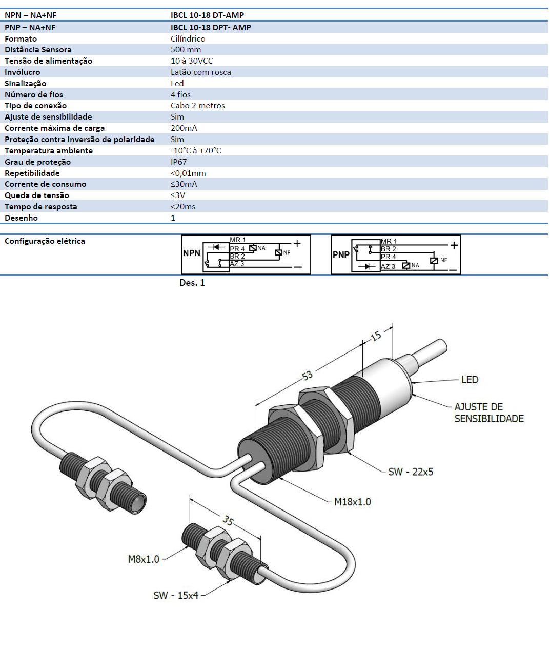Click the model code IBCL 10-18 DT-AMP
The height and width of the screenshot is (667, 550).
click(x=207, y=15)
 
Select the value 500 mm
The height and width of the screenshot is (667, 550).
click(x=186, y=50)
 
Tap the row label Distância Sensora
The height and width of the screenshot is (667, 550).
click(x=38, y=50)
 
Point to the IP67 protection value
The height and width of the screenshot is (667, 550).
click(x=179, y=162)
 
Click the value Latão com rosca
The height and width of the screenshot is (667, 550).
click(x=201, y=72)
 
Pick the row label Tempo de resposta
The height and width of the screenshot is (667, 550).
click(x=41, y=207)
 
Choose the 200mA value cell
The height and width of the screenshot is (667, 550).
click(x=184, y=128)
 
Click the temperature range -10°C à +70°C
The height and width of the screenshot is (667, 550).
click(x=196, y=151)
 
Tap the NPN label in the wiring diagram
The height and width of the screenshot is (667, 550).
click(x=192, y=253)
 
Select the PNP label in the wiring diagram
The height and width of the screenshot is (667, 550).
click(x=341, y=254)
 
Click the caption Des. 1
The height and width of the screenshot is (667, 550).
click(x=192, y=283)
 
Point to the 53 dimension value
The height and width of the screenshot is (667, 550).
click(x=307, y=376)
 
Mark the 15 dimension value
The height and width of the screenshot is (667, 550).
click(x=376, y=336)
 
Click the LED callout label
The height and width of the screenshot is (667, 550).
click(x=470, y=380)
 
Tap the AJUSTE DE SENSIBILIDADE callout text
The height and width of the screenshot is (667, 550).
click(x=488, y=413)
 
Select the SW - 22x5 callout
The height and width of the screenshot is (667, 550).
click(x=411, y=472)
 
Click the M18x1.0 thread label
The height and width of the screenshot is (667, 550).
click(x=352, y=502)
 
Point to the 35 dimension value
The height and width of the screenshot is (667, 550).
click(x=228, y=521)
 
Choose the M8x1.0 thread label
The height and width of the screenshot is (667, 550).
click(x=144, y=559)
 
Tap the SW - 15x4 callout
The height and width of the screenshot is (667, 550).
click(x=176, y=595)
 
